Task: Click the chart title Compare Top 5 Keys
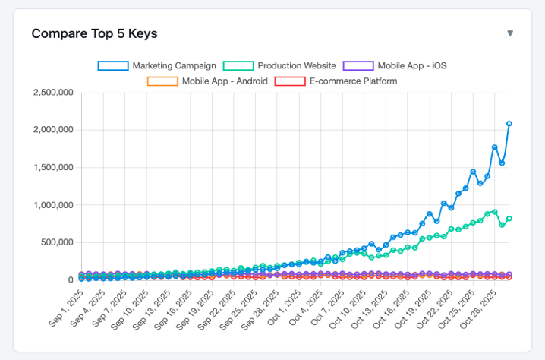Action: [x=94, y=33]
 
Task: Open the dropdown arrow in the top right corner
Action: [x=510, y=33]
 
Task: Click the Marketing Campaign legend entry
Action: [x=174, y=66]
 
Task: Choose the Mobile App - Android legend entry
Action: [x=224, y=81]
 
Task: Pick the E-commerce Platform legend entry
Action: [x=353, y=81]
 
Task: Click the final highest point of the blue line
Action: [x=509, y=123]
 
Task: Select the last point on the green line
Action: [x=509, y=219]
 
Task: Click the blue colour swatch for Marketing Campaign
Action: [x=113, y=66]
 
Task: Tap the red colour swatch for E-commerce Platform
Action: [x=289, y=81]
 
